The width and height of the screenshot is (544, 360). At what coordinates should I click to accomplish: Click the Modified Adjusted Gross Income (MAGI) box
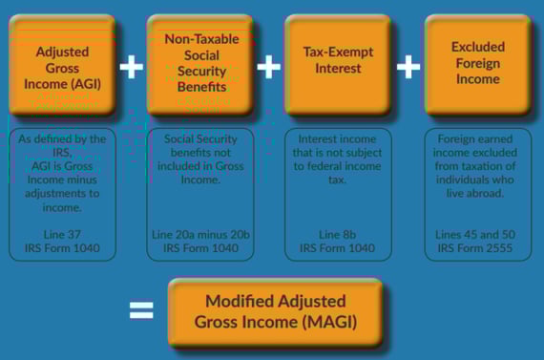pos(275,312)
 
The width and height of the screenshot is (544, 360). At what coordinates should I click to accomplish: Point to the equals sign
pos(140,309)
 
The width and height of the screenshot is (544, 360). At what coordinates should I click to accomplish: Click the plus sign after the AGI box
pos(131,66)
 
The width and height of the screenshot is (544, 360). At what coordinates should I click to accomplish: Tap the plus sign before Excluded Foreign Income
pos(408,66)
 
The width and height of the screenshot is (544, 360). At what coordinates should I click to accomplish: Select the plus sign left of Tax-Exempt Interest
pos(270,66)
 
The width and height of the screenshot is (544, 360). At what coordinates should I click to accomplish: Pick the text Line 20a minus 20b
pos(200,233)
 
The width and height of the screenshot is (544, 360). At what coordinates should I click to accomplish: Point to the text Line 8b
pos(339,233)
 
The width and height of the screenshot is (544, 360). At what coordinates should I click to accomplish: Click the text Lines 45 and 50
pos(477,233)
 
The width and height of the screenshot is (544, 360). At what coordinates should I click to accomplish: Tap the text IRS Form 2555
pos(477,247)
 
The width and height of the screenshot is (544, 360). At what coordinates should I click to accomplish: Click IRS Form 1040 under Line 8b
pos(339,247)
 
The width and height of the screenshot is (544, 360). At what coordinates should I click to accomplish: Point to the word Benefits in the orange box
pos(201,86)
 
